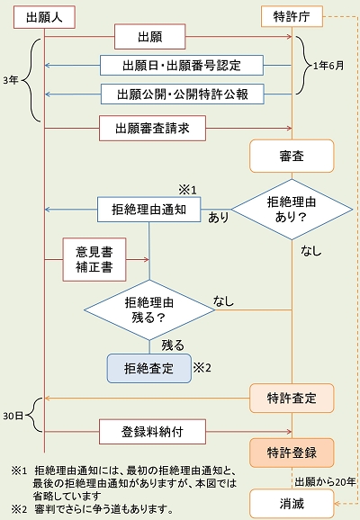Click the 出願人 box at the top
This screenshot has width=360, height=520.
(x=44, y=17)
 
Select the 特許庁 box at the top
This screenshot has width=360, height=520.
(x=292, y=16)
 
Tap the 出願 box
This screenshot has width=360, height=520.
(x=150, y=37)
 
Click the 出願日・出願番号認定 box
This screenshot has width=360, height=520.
(x=182, y=66)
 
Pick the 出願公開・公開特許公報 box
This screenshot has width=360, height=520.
(x=183, y=94)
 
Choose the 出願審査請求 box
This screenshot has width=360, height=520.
(x=153, y=129)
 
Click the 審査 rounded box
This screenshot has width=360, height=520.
(x=292, y=156)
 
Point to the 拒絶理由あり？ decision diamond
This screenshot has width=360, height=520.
(x=292, y=210)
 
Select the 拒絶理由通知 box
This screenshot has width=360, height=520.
(x=149, y=210)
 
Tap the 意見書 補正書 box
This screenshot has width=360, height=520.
(x=94, y=260)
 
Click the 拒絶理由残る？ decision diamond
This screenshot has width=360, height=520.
(x=149, y=310)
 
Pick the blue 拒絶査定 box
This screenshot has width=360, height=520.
(x=149, y=369)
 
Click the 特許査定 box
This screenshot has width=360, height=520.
(x=292, y=399)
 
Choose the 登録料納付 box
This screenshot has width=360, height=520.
(x=153, y=432)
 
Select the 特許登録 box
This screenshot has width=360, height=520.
(x=292, y=453)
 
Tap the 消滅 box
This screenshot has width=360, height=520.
(x=292, y=504)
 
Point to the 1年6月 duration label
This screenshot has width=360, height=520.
(x=328, y=66)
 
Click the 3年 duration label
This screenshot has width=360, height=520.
(x=11, y=81)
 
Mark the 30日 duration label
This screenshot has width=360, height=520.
(x=13, y=416)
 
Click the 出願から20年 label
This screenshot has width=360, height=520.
(x=326, y=482)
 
